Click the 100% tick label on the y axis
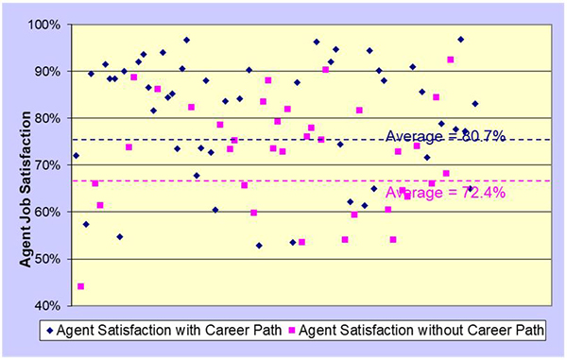[47, 24]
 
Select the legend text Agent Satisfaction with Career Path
[171, 332]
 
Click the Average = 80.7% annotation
[445, 136]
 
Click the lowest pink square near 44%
[81, 286]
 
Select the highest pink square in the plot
[451, 60]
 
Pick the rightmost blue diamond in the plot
[475, 104]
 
